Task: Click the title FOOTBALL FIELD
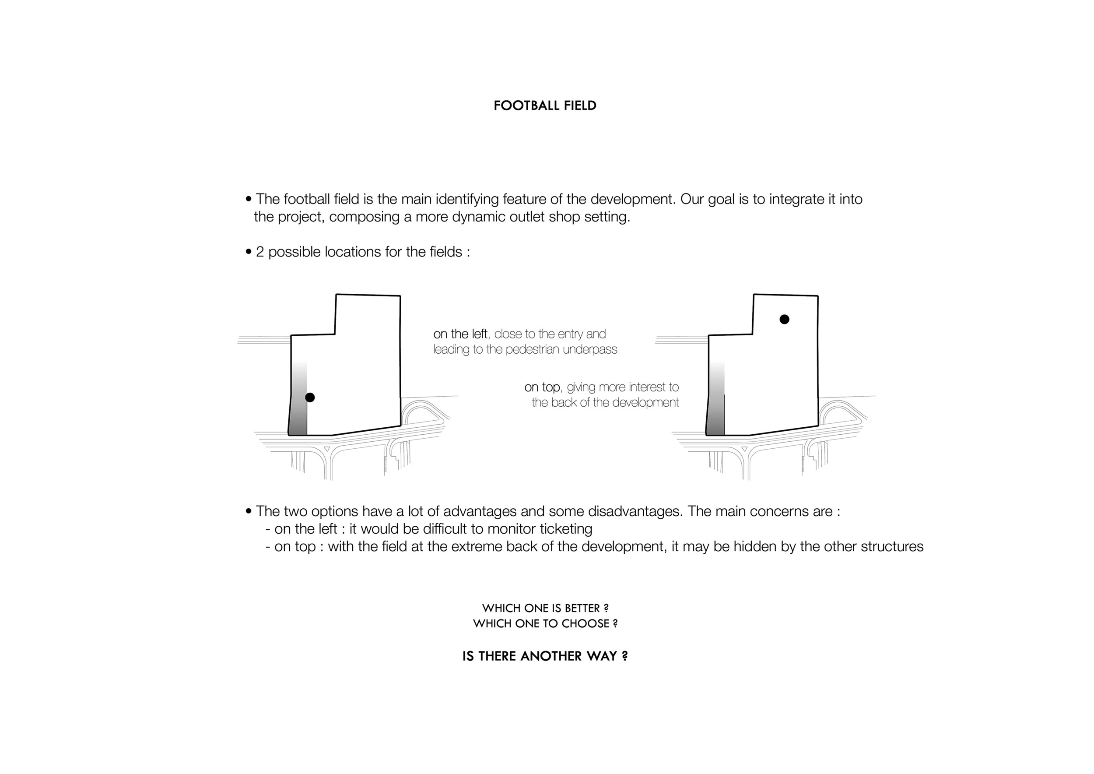545,106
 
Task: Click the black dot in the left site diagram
310,398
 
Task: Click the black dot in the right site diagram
784,319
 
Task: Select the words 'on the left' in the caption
460,334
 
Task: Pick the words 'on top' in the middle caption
542,387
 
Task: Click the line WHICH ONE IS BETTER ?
545,609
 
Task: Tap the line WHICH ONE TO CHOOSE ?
545,624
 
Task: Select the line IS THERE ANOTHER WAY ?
545,656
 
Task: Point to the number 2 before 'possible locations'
259,252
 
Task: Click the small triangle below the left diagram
326,450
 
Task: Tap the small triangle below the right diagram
744,450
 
